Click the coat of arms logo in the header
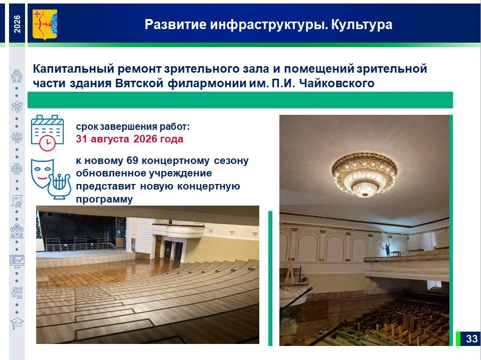pos(45,25)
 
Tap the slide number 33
pos(471,338)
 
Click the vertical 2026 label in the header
pos(17,24)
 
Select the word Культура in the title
pos(362,25)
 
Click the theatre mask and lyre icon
pos(51,179)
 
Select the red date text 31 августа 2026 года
pos(129,139)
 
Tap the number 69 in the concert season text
pos(132,160)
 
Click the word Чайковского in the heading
pos(337,83)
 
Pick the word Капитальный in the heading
pos(74,69)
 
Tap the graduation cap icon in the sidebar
pos(17,323)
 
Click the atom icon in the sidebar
pos(17,106)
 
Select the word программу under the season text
pos(104,200)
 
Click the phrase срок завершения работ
pos(133,126)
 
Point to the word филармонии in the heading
pos(207,83)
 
